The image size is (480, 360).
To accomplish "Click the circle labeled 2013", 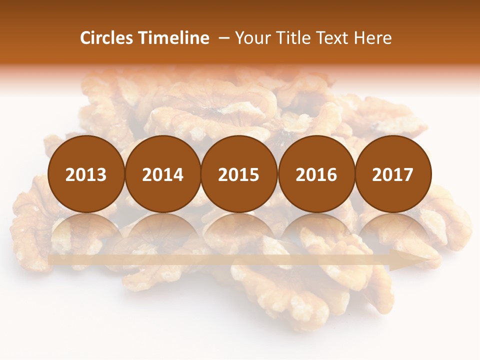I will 86,174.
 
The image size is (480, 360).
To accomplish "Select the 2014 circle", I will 162,174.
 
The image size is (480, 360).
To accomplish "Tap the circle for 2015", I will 239,174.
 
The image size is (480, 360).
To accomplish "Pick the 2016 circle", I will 316,174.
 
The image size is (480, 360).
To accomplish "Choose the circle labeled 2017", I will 392,174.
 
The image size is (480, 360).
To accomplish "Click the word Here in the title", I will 373,38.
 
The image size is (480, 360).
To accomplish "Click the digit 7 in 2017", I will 408,174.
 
